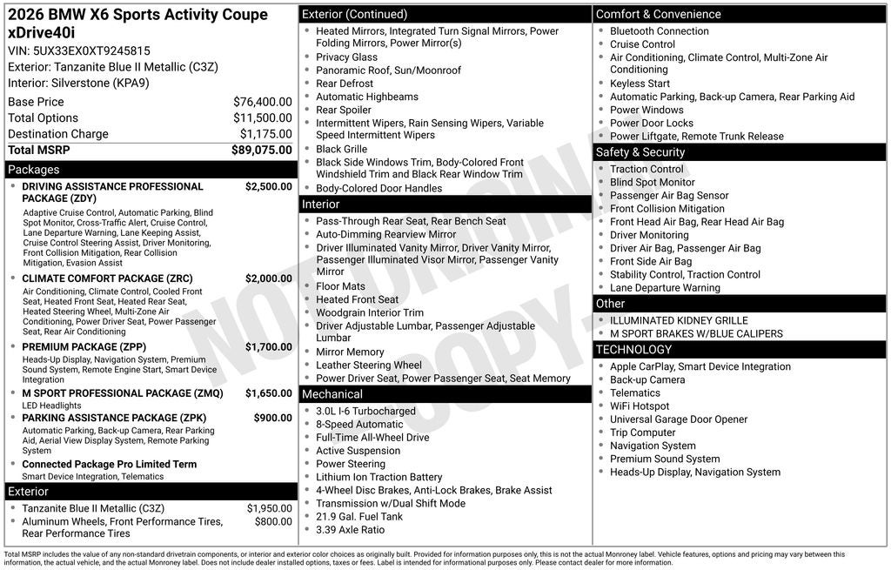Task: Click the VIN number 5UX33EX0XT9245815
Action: tap(91, 50)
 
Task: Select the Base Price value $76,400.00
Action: tap(262, 102)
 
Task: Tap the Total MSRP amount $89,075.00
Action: tap(261, 150)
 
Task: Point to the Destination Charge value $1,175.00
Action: tap(265, 134)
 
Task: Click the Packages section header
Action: tap(34, 170)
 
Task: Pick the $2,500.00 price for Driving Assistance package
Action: tap(268, 186)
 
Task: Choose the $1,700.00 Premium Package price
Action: tap(268, 347)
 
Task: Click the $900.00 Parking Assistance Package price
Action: tap(272, 418)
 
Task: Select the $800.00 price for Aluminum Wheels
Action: tap(273, 522)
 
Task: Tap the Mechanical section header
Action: tap(332, 394)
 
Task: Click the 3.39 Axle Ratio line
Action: tap(350, 530)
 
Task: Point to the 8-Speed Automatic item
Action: tap(359, 425)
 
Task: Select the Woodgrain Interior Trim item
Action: tap(370, 313)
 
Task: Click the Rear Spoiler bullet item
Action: tap(344, 110)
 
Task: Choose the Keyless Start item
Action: tap(640, 84)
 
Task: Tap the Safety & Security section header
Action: tap(640, 152)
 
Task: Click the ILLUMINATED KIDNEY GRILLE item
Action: tap(679, 320)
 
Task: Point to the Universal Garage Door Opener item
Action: tap(679, 419)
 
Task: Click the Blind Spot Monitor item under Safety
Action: tap(653, 183)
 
